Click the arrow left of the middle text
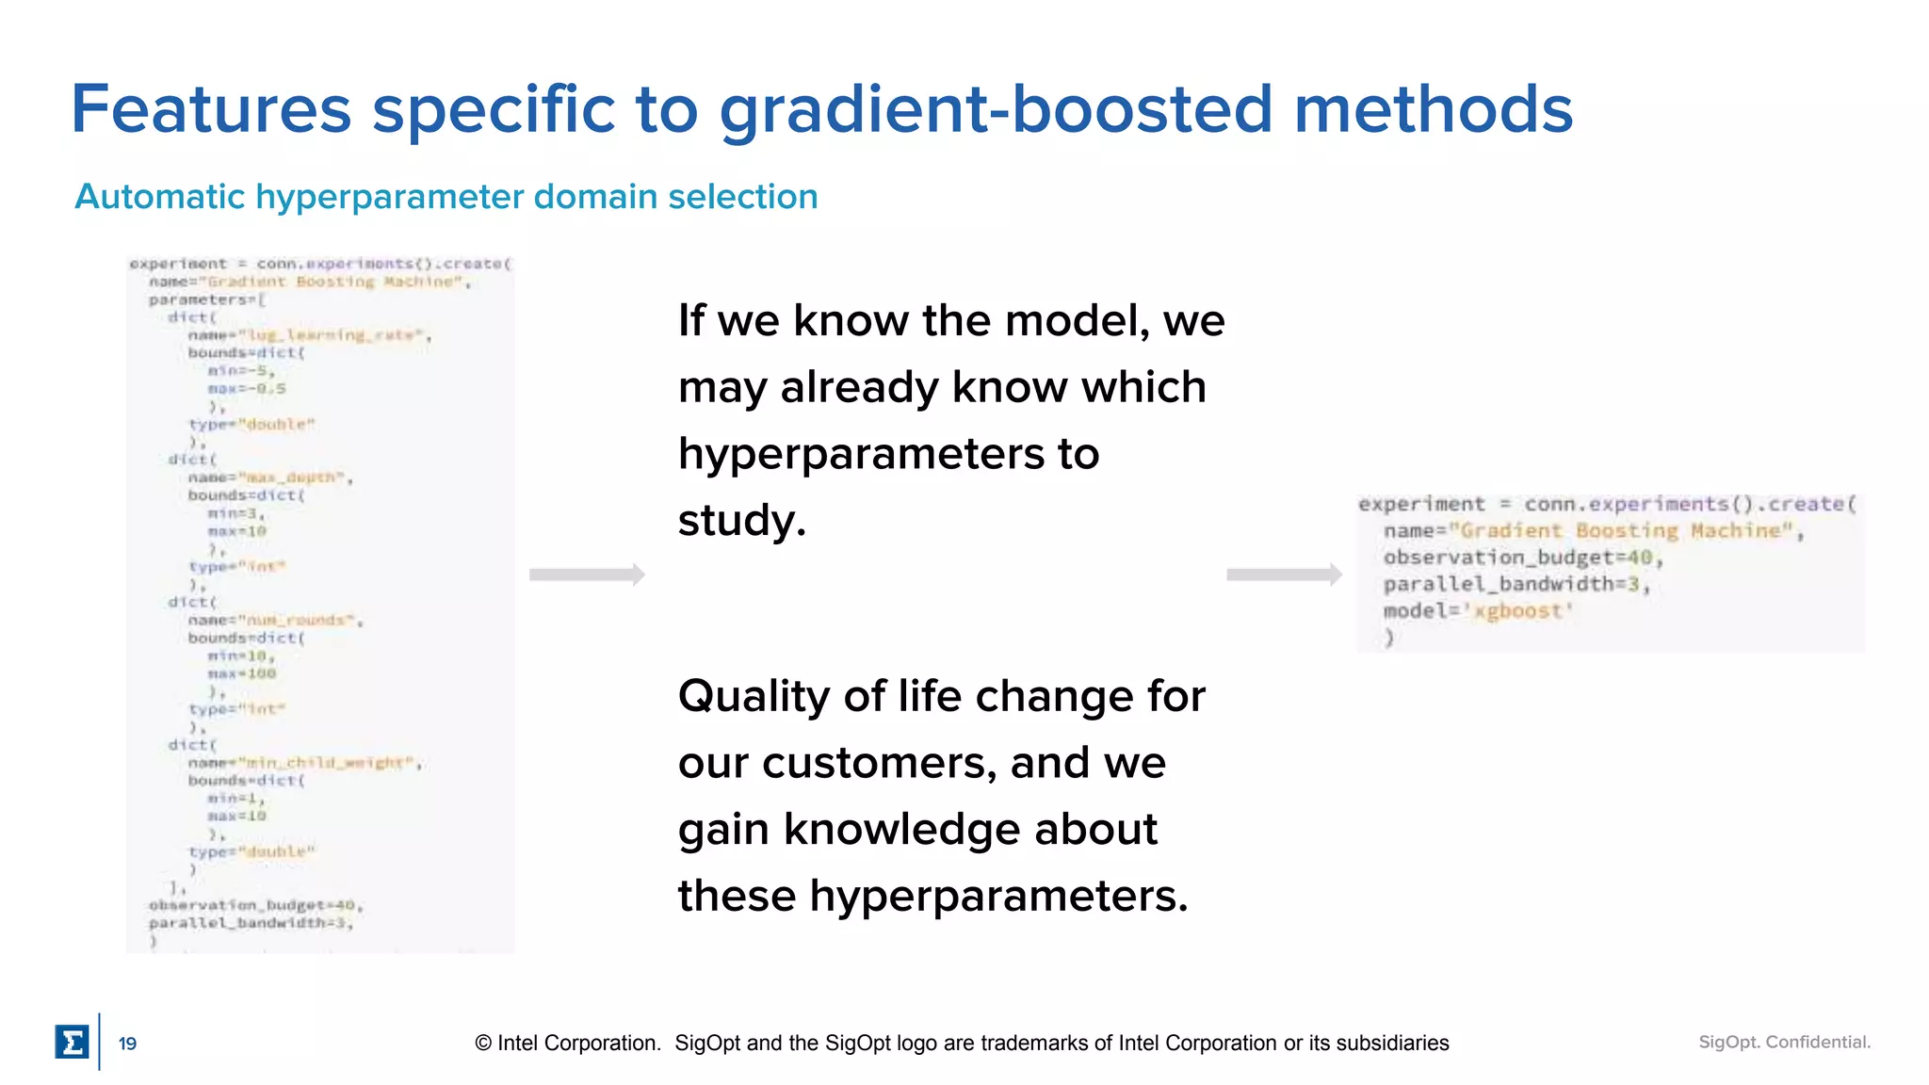pyautogui.click(x=587, y=575)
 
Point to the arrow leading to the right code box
pyautogui.click(x=1284, y=575)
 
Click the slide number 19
pyautogui.click(x=127, y=1044)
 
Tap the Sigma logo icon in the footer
pyautogui.click(x=72, y=1043)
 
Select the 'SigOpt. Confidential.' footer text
pyautogui.click(x=1784, y=1042)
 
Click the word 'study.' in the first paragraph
pyautogui.click(x=742, y=520)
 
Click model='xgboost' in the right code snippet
pyautogui.click(x=1478, y=611)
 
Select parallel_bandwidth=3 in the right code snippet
pyautogui.click(x=1516, y=584)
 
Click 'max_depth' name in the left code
pyautogui.click(x=294, y=478)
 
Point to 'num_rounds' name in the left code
pyautogui.click(x=300, y=620)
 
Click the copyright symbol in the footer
pyautogui.click(x=483, y=1044)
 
